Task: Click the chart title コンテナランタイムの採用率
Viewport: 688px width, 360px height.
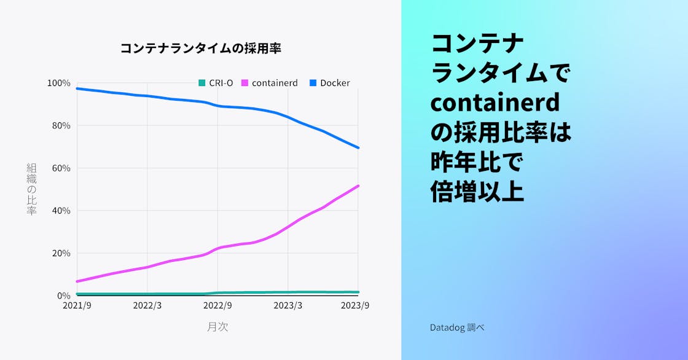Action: click(x=200, y=49)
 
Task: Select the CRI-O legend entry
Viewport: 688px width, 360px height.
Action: click(x=216, y=83)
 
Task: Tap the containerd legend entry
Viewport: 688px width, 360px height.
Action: click(x=270, y=83)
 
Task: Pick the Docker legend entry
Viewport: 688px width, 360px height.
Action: click(x=329, y=83)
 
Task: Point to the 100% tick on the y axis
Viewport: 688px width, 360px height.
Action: click(x=59, y=83)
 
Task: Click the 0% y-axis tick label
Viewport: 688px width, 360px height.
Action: click(x=64, y=295)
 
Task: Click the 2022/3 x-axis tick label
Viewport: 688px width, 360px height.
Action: click(x=147, y=305)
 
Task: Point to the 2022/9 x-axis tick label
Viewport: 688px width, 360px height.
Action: click(x=217, y=305)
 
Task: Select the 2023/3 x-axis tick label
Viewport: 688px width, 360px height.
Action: click(x=288, y=305)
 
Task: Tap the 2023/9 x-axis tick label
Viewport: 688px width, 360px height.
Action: click(x=354, y=305)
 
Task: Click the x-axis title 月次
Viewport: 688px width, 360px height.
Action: click(x=217, y=327)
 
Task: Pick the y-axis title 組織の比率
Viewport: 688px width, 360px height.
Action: click(x=32, y=189)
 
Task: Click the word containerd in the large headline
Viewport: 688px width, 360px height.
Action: click(x=495, y=103)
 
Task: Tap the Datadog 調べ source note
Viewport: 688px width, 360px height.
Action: click(x=457, y=327)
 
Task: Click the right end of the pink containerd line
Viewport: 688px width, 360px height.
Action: click(x=359, y=186)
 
